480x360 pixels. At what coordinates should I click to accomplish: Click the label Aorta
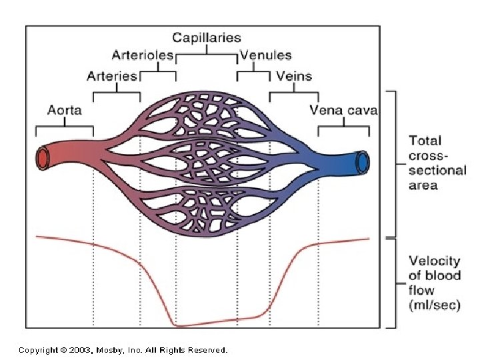point(64,110)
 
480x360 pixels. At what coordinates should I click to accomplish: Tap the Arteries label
point(112,75)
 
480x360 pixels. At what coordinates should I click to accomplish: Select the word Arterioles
point(143,55)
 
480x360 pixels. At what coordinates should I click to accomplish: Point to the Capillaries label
point(207,38)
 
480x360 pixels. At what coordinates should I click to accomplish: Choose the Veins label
point(293,75)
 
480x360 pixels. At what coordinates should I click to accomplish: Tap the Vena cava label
point(343,110)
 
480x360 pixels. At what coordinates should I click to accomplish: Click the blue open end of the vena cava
point(363,161)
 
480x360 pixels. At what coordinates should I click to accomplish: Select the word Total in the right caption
point(425,141)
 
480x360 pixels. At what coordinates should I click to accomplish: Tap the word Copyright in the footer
point(37,349)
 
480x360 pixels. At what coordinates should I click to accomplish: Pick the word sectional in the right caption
point(437,171)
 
